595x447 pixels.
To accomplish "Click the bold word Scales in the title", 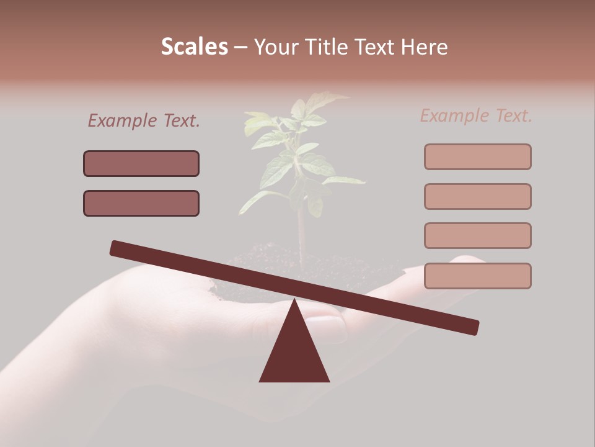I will click(195, 47).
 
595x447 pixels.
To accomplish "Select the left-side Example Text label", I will click(144, 121).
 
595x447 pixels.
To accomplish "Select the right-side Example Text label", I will click(476, 115).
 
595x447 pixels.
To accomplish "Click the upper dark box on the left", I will click(141, 163).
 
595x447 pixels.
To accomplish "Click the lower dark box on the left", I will click(141, 203).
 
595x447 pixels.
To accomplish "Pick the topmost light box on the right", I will click(478, 156).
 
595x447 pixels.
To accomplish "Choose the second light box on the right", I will click(478, 196).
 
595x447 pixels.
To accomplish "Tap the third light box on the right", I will click(478, 235).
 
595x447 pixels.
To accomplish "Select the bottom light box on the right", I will click(478, 276).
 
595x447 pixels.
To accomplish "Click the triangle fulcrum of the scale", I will click(294, 351).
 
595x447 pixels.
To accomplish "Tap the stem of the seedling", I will click(301, 230).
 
